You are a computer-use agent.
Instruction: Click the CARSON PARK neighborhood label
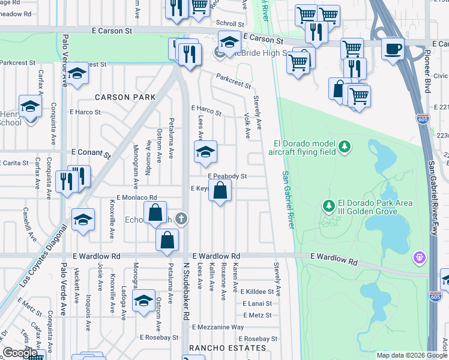pyautogui.click(x=124, y=97)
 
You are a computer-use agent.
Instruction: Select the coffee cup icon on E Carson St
pyautogui.click(x=393, y=48)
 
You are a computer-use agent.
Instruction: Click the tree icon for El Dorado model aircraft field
pyautogui.click(x=345, y=146)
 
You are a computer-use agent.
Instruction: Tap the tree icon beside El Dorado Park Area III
pyautogui.click(x=328, y=206)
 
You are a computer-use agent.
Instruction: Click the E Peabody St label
pyautogui.click(x=228, y=176)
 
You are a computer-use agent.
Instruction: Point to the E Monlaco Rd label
pyautogui.click(x=136, y=197)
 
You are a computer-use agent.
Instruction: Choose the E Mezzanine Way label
pyautogui.click(x=218, y=327)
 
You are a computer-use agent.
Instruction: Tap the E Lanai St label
pyautogui.click(x=258, y=303)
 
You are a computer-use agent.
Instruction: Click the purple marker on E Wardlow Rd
pyautogui.click(x=419, y=258)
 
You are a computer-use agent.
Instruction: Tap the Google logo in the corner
pyautogui.click(x=20, y=353)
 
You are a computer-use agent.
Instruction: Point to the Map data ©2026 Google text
pyautogui.click(x=412, y=355)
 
